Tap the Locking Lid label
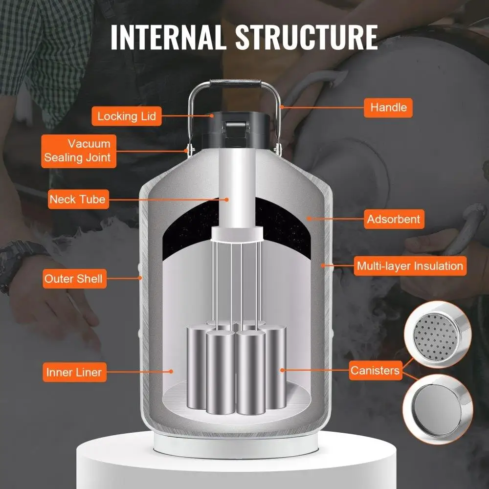click(126, 116)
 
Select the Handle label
click(388, 107)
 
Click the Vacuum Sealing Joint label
click(79, 151)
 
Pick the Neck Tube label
click(77, 200)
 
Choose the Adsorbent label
click(394, 219)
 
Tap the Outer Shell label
click(73, 279)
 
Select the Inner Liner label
click(74, 372)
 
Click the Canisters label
click(375, 371)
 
